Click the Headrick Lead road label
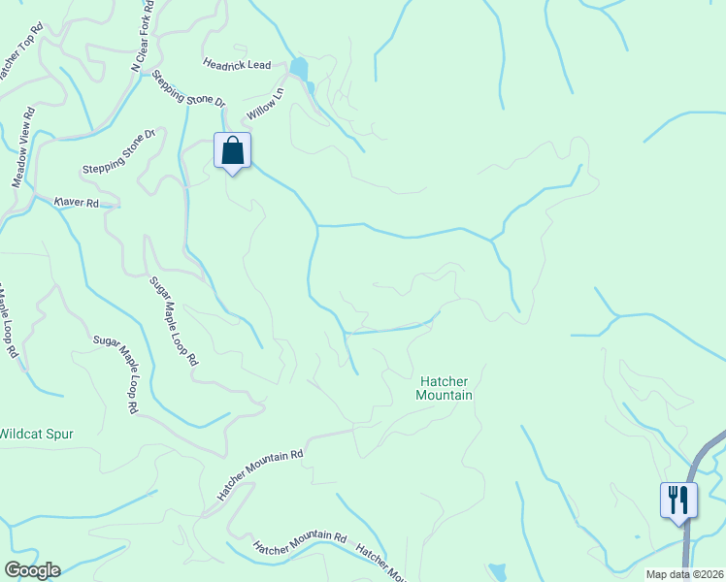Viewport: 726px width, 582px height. pos(236,64)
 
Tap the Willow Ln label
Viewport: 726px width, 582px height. pos(264,104)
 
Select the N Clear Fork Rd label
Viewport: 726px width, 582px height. pos(143,37)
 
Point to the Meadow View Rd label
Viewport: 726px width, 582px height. pos(23,146)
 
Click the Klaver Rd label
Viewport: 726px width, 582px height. pos(77,203)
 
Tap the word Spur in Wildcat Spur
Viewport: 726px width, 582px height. pos(56,434)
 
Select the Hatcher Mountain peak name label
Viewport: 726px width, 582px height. pos(444,388)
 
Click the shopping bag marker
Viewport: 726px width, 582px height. pos(232,150)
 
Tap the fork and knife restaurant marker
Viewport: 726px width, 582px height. pos(678,501)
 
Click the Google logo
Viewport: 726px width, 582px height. pos(32,570)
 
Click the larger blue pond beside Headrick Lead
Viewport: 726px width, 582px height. pos(299,69)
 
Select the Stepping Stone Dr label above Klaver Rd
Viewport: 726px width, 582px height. pos(119,150)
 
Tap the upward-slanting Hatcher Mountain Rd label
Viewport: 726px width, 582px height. pos(260,474)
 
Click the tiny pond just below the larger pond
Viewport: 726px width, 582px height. pos(311,87)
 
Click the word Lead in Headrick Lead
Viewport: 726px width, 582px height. pos(258,65)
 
